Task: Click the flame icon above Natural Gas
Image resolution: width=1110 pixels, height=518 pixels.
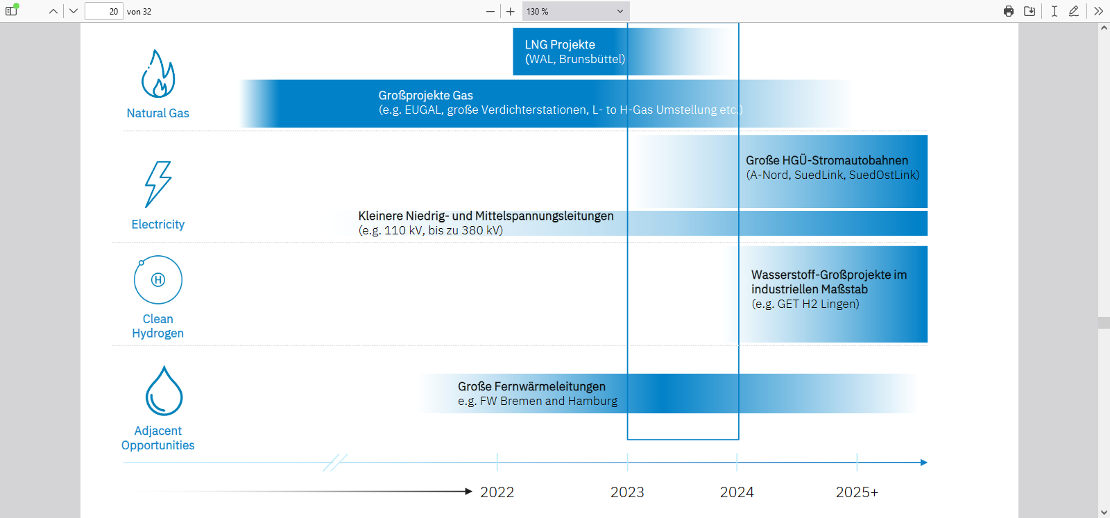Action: tap(158, 74)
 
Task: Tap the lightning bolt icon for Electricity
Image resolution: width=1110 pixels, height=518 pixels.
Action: tap(158, 184)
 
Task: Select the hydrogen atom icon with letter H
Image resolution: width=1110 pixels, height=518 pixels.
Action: tap(158, 279)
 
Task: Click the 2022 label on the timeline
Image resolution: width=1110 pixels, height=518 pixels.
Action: tap(497, 492)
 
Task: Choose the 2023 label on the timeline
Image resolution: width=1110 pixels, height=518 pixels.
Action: tap(627, 492)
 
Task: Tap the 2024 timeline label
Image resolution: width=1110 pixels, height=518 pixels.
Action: tap(737, 492)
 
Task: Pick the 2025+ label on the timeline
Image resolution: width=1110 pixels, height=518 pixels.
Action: tap(857, 492)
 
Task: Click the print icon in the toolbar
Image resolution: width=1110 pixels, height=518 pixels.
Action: tap(1009, 11)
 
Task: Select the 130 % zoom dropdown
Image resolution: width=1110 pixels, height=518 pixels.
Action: tap(575, 11)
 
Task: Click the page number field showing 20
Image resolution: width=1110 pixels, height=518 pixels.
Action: tap(104, 11)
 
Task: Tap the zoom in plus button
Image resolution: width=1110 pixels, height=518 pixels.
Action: tap(511, 11)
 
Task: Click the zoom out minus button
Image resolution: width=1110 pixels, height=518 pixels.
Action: tap(490, 11)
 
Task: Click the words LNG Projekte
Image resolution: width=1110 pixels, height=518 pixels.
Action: tap(560, 44)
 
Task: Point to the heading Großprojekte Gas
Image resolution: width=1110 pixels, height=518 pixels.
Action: tap(425, 95)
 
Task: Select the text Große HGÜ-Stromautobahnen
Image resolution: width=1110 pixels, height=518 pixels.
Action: tap(827, 160)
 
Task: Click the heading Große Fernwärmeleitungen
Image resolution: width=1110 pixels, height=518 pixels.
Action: tap(531, 386)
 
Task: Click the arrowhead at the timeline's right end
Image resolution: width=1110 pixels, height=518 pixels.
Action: tap(923, 463)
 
